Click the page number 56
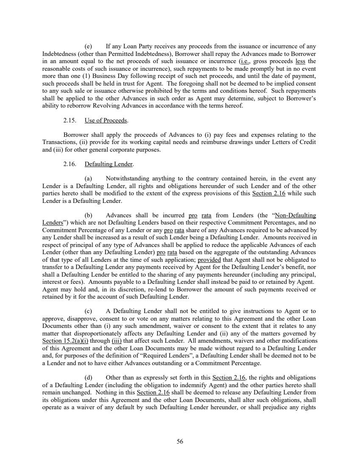(x=180, y=441)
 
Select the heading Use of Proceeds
(x=106, y=120)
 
